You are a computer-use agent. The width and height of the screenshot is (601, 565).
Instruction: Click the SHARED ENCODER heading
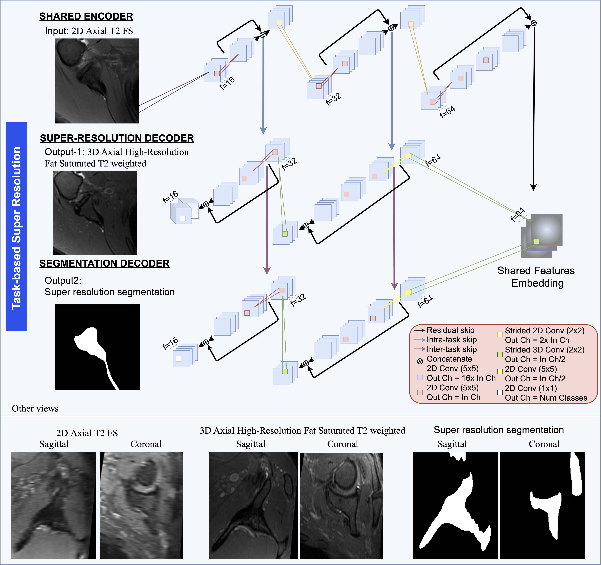point(86,16)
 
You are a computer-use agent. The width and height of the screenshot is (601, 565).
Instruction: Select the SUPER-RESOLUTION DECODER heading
point(117,138)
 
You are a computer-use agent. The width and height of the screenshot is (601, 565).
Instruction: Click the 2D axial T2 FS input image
point(97,81)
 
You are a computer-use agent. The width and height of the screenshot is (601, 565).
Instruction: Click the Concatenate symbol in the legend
point(420,362)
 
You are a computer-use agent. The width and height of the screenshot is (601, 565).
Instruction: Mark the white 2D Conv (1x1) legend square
point(500,392)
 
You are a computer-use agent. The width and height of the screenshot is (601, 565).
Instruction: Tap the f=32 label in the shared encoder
point(334,99)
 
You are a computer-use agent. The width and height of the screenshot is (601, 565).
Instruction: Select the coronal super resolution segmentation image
point(542,505)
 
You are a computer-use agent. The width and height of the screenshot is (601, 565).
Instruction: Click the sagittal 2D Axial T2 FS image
point(54,505)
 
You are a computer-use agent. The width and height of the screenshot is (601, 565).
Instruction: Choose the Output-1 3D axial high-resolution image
point(95,213)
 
